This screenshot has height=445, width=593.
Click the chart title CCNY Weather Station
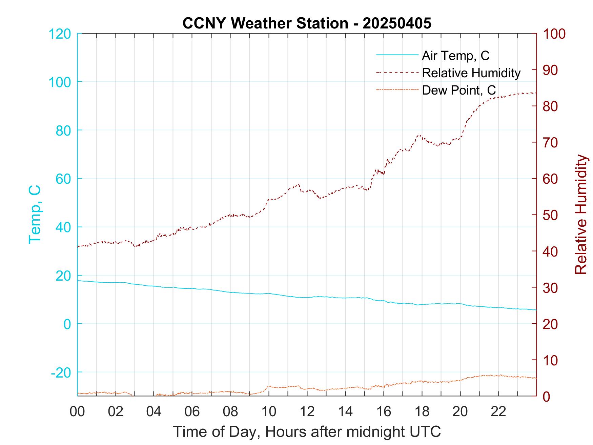(265, 23)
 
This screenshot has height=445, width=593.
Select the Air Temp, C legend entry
(455, 56)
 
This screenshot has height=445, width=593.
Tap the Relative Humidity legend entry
(471, 73)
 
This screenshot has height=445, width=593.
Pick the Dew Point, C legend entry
(458, 90)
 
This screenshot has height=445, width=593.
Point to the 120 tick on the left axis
(60, 34)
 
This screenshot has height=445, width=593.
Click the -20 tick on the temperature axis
(61, 372)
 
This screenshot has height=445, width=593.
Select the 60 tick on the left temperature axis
(63, 179)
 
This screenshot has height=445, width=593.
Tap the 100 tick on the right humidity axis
(554, 34)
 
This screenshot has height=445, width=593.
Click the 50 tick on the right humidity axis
(551, 215)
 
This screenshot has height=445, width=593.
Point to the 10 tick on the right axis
(551, 360)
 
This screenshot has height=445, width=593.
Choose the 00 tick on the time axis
(77, 412)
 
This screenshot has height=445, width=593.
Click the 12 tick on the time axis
(307, 412)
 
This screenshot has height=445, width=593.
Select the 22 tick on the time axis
(498, 412)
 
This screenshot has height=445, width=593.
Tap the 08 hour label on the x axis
(230, 412)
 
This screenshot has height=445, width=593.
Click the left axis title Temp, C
(35, 214)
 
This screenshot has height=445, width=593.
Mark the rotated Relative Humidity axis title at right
(581, 214)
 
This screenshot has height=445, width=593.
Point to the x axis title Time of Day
(307, 432)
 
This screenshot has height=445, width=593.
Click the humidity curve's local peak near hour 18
(420, 135)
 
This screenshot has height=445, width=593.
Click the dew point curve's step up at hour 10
(268, 387)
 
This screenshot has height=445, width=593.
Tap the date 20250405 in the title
(397, 23)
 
